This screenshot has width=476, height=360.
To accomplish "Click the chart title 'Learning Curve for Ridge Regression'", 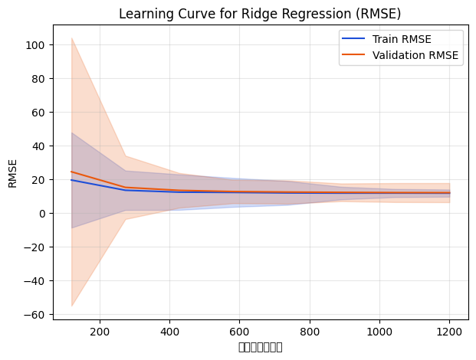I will pyautogui.click(x=260, y=13).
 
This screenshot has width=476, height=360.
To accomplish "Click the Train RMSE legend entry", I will pyautogui.click(x=399, y=40).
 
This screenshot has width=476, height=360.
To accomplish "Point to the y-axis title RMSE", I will pyautogui.click(x=13, y=173).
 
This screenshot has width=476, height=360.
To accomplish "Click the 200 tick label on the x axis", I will pyautogui.click(x=100, y=332).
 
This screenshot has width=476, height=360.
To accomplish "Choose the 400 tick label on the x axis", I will pyautogui.click(x=169, y=332).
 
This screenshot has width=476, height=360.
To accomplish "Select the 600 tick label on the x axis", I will pyautogui.click(x=239, y=332).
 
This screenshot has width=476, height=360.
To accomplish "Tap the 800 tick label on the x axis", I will pyautogui.click(x=310, y=332).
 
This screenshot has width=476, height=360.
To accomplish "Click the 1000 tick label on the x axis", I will pyautogui.click(x=379, y=332).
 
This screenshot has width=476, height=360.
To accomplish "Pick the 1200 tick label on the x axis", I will pyautogui.click(x=449, y=332).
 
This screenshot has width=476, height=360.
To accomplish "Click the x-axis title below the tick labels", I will pyautogui.click(x=260, y=347).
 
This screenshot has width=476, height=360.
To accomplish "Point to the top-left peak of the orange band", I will pyautogui.click(x=72, y=38).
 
